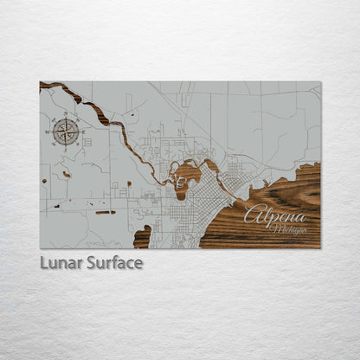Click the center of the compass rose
click(66, 132)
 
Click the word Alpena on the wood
click(274, 215)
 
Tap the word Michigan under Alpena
click(289, 228)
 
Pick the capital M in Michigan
click(274, 228)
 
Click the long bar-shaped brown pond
click(105, 212)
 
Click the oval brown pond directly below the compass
click(66, 174)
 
